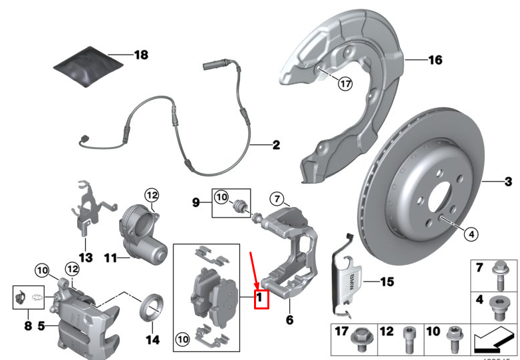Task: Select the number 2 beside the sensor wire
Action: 275,144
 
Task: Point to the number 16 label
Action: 434,61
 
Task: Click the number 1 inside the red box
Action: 260,299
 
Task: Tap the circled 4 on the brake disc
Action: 469,234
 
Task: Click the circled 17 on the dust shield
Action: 344,84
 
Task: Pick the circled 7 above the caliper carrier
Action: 277,198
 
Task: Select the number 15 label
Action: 387,281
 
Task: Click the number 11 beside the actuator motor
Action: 109,256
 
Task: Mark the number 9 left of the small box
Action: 197,201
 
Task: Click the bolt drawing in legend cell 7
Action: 496,273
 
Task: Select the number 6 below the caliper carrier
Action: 289,320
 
